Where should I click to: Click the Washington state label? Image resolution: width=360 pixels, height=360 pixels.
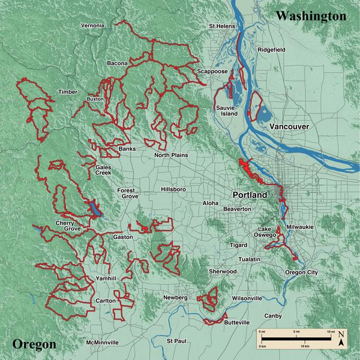(311, 16)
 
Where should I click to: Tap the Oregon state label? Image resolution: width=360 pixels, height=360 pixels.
(34, 344)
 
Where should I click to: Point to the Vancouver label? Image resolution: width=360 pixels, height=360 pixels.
(289, 127)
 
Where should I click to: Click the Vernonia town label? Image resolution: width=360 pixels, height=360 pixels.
(92, 25)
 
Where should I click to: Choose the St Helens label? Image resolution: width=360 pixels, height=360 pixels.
(221, 26)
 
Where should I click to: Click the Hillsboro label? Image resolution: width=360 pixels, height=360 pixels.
(173, 190)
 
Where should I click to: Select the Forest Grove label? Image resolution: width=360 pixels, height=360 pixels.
(127, 193)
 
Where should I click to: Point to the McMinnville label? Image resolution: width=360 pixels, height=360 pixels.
(103, 343)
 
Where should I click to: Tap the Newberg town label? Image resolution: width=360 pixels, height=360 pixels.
(175, 298)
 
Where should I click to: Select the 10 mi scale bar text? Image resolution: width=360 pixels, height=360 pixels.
(329, 331)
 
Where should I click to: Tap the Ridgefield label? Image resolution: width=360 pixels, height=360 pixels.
(271, 50)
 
